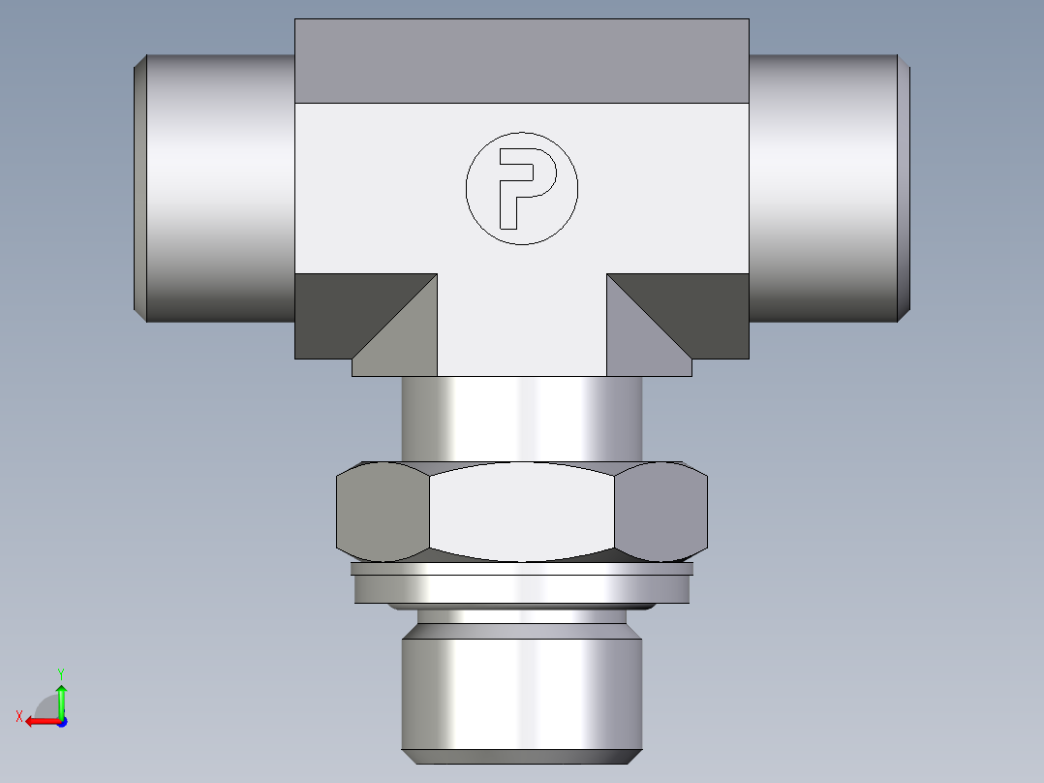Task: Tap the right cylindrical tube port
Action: point(823,188)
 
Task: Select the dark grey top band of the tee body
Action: point(522,60)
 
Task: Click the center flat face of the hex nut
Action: point(522,512)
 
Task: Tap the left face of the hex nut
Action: point(382,512)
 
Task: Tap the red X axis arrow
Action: point(40,721)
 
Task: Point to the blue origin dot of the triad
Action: point(61,722)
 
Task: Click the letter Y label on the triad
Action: point(60,673)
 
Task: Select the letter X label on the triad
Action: point(19,716)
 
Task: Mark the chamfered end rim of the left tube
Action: point(139,188)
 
